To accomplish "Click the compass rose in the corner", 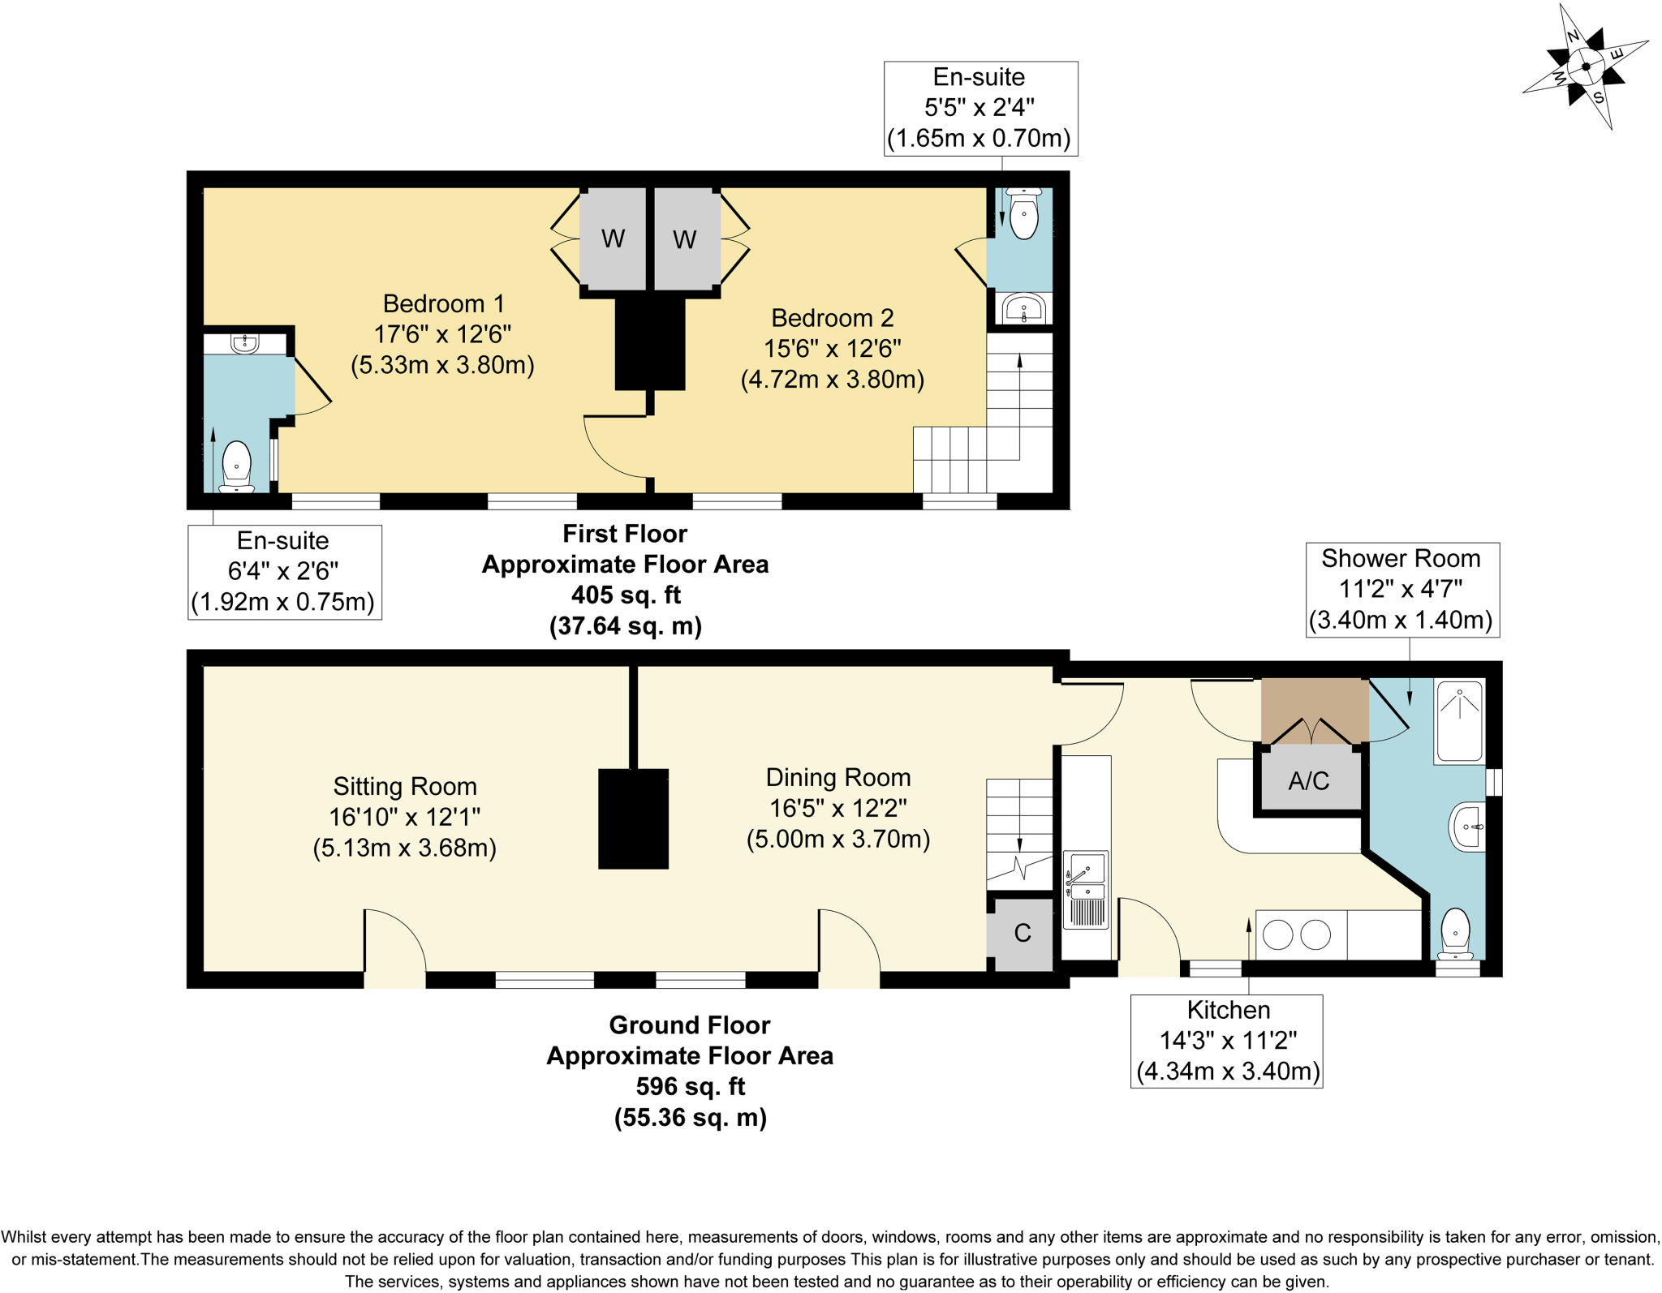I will coord(1585,67).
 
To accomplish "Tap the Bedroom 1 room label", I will coord(443,303).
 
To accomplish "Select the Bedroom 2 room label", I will coord(832,318).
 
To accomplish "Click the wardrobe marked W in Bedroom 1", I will coord(613,238).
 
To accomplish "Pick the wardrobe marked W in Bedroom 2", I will coord(684,239).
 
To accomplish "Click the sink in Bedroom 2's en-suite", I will coord(1023,308).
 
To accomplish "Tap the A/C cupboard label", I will coord(1308,780).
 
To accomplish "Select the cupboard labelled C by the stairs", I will coord(1022,933).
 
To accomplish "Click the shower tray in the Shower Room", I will coord(1459,720).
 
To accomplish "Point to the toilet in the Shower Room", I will coord(1456,933).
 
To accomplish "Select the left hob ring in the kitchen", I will coord(1277,934).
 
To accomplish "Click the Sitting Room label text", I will coord(404,786).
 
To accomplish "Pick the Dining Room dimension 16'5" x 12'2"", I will coord(837,808).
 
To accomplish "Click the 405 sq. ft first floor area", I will coord(625,595).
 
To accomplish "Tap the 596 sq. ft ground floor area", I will coord(690,1086).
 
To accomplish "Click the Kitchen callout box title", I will coord(1228,1010).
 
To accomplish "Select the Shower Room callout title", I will coord(1401,558).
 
